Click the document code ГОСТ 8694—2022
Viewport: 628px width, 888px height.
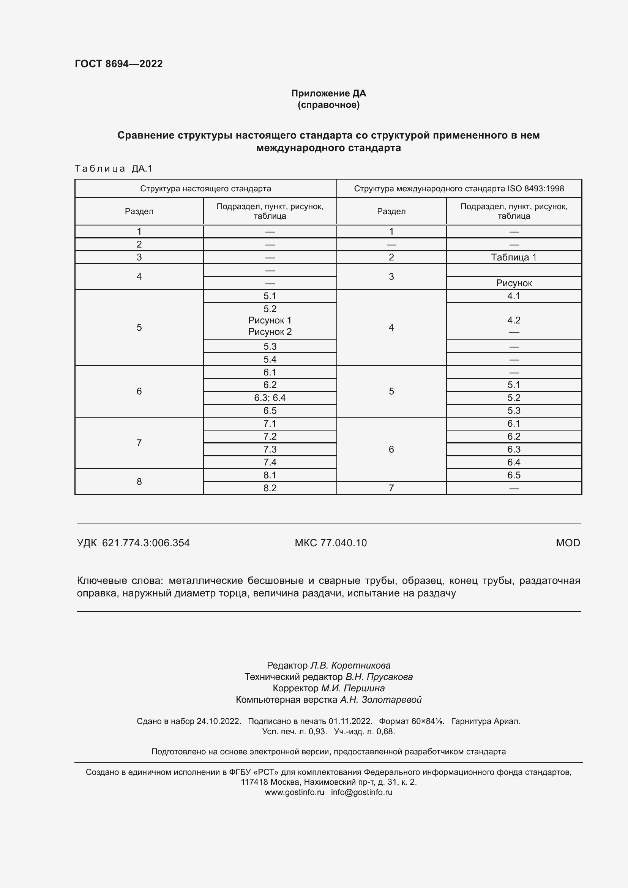point(119,64)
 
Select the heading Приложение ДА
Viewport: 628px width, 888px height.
point(328,93)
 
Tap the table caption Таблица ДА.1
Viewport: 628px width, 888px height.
point(114,168)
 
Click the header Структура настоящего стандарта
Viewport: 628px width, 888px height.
point(205,189)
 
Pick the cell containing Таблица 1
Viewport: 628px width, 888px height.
point(514,257)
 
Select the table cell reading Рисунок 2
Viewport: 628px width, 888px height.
point(270,332)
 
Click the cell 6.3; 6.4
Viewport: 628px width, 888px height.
point(270,397)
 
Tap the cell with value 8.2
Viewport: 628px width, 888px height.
point(270,488)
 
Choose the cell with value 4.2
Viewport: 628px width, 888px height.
point(514,320)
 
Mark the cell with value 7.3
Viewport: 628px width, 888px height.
point(270,450)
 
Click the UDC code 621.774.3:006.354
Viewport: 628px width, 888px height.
point(146,543)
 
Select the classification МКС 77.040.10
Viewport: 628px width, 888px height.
point(331,543)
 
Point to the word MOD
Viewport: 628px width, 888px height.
point(568,543)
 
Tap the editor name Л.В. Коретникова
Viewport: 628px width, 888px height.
point(350,666)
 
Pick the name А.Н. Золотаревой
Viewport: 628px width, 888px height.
point(380,700)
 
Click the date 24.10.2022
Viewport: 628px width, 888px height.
point(219,721)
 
